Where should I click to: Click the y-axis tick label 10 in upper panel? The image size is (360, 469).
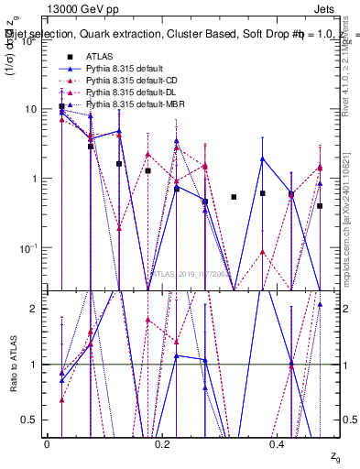click(x=32, y=109)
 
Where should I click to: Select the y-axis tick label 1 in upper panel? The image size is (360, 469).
click(x=35, y=179)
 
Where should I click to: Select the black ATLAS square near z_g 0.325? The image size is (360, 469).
click(x=234, y=197)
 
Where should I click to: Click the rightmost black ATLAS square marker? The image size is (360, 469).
click(x=320, y=206)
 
